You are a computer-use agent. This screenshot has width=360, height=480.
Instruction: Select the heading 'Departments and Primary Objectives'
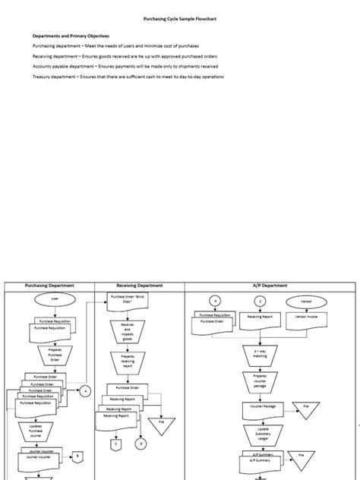[71, 36]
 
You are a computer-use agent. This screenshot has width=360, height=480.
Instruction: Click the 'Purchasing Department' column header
[49, 286]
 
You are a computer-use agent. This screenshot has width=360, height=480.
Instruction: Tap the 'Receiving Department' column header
[139, 286]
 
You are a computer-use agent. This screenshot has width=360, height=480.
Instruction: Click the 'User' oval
[54, 300]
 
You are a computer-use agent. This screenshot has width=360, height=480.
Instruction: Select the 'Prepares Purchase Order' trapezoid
[54, 355]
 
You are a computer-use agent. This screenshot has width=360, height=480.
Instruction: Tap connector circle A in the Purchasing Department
[86, 391]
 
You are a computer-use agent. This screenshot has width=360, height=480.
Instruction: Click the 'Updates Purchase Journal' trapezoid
[46, 432]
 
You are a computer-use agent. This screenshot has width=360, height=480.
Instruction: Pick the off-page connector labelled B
[77, 456]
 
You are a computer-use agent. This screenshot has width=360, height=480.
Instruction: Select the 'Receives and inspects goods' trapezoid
[127, 332]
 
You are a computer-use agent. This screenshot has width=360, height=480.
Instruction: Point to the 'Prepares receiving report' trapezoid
[127, 362]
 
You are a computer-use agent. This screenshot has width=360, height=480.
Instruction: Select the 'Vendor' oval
[306, 301]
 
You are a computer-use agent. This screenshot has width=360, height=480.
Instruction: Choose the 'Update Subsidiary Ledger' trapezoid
[260, 434]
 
